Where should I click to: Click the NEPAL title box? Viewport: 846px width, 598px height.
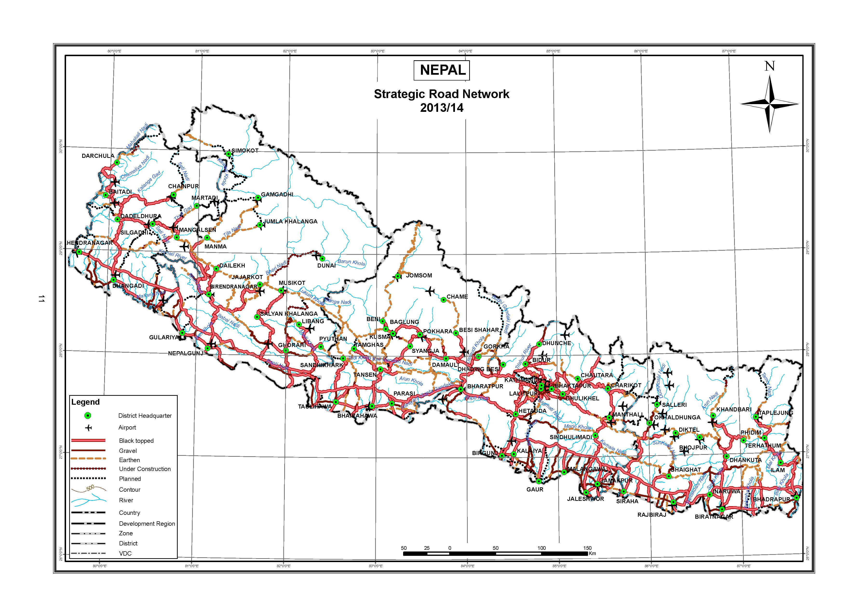[x=442, y=70]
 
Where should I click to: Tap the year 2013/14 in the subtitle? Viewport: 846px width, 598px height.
[x=441, y=108]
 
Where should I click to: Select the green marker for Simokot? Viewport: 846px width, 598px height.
[x=229, y=154]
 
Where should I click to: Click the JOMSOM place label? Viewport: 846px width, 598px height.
[x=419, y=275]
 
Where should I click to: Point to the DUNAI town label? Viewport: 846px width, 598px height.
[x=326, y=265]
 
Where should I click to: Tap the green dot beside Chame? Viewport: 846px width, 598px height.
[x=444, y=300]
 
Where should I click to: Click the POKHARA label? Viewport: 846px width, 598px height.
[x=437, y=331]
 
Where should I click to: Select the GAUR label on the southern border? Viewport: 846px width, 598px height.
[x=535, y=489]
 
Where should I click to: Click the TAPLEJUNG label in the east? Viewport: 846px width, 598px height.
[x=775, y=413]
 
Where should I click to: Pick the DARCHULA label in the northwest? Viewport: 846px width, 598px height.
[x=98, y=156]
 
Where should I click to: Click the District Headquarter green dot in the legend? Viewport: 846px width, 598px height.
[x=88, y=416]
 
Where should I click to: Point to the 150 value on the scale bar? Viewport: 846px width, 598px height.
[x=587, y=548]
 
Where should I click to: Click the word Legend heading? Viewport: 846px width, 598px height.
[x=86, y=402]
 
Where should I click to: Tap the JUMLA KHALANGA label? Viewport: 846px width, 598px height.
[x=290, y=222]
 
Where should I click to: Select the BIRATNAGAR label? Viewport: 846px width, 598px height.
[x=714, y=517]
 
